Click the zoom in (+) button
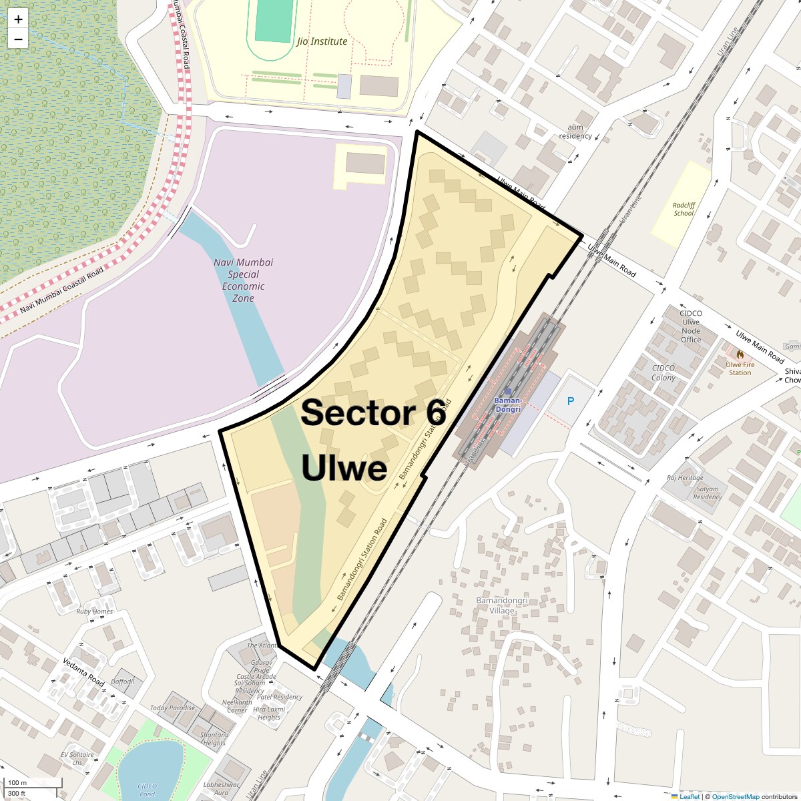click(18, 19)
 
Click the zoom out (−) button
click(18, 39)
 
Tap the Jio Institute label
click(322, 41)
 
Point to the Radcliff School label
click(684, 210)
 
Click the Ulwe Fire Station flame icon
click(740, 354)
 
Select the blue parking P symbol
click(570, 401)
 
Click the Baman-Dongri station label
click(507, 405)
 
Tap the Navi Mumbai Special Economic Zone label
click(243, 280)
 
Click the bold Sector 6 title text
click(373, 413)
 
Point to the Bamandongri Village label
click(502, 605)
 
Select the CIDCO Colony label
click(663, 372)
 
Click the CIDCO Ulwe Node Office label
click(690, 326)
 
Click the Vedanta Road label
click(83, 672)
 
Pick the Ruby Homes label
click(94, 611)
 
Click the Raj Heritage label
click(685, 478)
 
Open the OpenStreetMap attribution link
click(735, 796)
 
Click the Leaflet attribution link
click(690, 796)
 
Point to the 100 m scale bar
click(33, 783)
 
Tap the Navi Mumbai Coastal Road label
click(62, 290)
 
